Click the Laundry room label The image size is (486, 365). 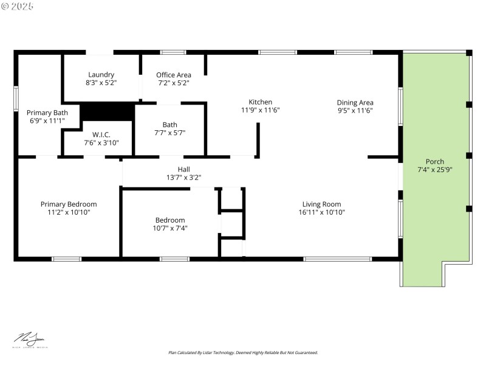[101, 75]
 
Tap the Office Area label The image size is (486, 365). [174, 75]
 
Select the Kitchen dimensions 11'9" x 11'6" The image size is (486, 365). [260, 110]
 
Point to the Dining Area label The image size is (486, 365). [355, 102]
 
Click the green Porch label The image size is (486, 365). [435, 161]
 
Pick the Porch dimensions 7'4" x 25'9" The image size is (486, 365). [435, 170]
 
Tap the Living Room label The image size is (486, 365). [321, 204]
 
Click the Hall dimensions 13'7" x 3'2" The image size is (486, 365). [183, 178]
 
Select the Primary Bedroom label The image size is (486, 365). [69, 204]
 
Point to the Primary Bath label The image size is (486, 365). [47, 113]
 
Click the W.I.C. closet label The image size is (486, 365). [101, 134]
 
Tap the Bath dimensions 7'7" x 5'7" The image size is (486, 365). [169, 133]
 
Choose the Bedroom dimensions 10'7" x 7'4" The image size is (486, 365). [169, 228]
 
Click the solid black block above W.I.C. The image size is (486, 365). [108, 111]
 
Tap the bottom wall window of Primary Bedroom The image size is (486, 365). [66, 259]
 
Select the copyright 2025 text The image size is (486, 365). [18, 6]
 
